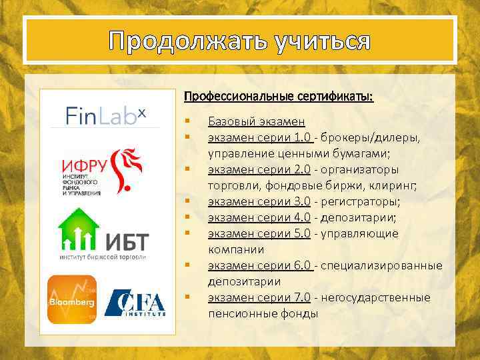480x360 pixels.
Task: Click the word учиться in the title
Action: point(321,41)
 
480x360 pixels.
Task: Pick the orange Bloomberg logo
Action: point(71,299)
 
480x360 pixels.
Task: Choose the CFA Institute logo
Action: point(136,303)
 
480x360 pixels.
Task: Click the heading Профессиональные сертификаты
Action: point(279,97)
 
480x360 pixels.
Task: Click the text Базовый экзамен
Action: point(257,121)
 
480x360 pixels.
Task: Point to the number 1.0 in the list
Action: point(302,137)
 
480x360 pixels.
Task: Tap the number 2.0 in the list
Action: point(302,169)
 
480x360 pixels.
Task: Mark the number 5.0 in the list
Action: point(302,233)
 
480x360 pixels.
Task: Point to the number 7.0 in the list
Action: point(302,297)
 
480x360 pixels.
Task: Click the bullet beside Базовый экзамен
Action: point(189,121)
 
